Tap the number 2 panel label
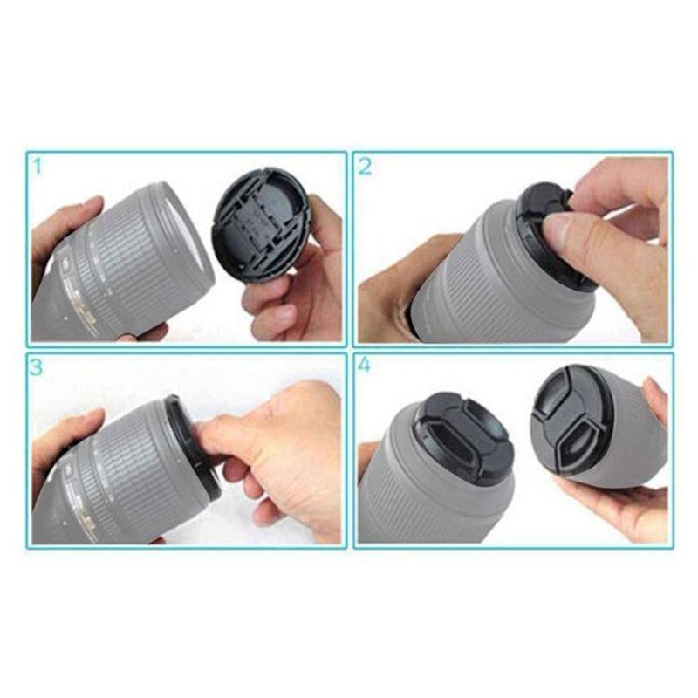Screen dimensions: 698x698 (x=365, y=166)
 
